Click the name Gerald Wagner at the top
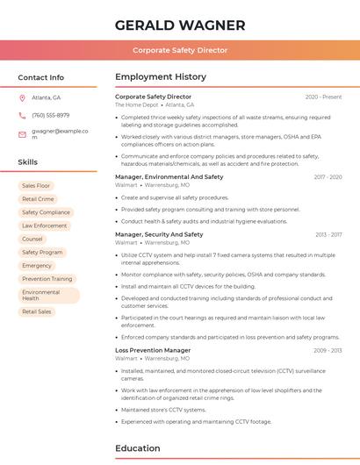[x=180, y=25]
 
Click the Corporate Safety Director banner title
[x=180, y=50]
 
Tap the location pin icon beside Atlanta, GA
[x=22, y=97]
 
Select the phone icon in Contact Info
[x=22, y=115]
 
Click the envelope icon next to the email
[x=22, y=133]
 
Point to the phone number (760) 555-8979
[x=50, y=115]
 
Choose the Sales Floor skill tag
[x=36, y=186]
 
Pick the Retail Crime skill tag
[x=38, y=199]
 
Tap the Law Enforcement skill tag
[x=44, y=225]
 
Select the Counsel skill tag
[x=32, y=239]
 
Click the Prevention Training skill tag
[x=47, y=279]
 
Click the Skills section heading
[x=28, y=162]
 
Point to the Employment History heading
[x=161, y=77]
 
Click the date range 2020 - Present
[x=323, y=97]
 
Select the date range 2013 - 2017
[x=328, y=235]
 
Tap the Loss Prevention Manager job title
[x=153, y=350]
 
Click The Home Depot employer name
[x=136, y=104]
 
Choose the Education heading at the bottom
[x=139, y=449]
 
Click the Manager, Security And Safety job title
[x=159, y=234]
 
